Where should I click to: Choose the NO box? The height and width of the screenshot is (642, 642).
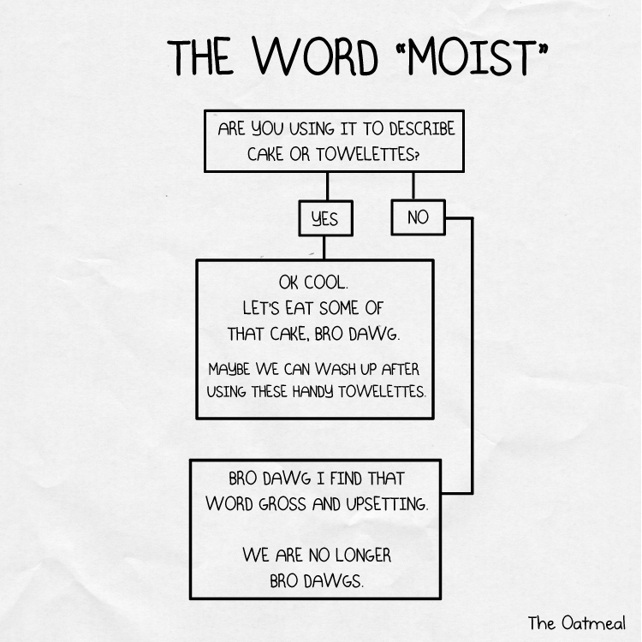(418, 217)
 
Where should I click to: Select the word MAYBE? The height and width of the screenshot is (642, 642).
(231, 370)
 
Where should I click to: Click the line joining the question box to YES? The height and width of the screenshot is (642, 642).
(326, 186)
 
